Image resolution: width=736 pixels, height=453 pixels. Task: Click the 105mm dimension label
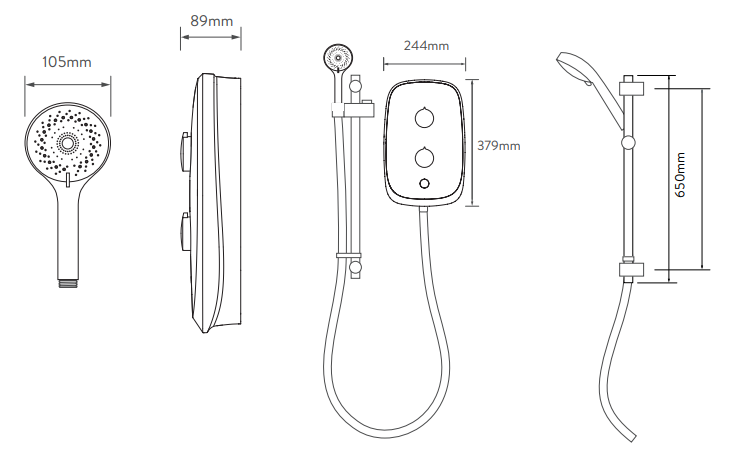(67, 62)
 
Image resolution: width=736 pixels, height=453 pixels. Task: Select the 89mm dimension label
(211, 21)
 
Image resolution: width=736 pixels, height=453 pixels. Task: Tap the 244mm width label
(426, 46)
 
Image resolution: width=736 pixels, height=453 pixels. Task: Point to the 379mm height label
(499, 145)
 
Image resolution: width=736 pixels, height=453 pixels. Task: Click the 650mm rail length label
(681, 175)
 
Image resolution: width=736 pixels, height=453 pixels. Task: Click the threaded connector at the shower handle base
(67, 283)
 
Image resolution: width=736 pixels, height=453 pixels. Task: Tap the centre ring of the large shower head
(68, 143)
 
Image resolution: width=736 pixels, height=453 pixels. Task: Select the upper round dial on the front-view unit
(424, 118)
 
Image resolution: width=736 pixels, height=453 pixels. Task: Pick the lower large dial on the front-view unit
(424, 158)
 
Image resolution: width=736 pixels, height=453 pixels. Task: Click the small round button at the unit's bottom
(424, 183)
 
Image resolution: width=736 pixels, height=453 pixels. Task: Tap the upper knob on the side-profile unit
(184, 149)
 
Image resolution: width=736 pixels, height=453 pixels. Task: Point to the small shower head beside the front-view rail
(337, 57)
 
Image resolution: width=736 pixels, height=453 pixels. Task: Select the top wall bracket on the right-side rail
(632, 89)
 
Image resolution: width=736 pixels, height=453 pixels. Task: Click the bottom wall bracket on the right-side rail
(632, 270)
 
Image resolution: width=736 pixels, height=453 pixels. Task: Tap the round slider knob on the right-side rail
(628, 143)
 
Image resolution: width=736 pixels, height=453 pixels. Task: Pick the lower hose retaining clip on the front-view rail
(349, 255)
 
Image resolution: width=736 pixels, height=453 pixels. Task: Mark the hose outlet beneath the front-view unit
(424, 211)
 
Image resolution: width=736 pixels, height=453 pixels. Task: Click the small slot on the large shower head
(68, 179)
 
